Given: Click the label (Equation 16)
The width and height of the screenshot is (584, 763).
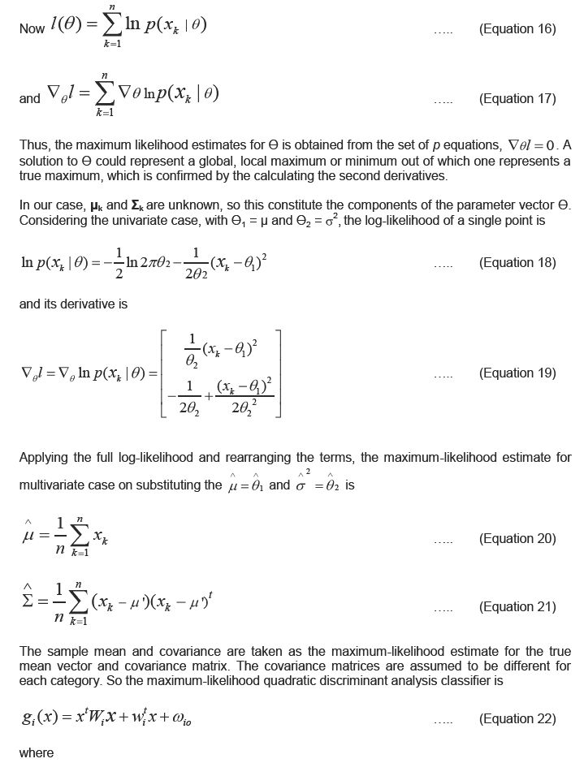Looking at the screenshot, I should pos(517,29).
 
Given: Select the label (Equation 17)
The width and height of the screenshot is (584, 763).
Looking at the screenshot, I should pos(517,99).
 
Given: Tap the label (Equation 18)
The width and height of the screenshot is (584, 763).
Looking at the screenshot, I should pos(517,263).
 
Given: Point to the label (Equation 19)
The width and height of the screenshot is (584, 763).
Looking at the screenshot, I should pos(517,373).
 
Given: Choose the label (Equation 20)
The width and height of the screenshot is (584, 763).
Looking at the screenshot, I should pos(517,539).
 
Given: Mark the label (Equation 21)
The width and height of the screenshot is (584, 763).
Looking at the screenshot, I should pos(517,607).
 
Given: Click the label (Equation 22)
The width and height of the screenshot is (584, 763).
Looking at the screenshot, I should pos(517,718).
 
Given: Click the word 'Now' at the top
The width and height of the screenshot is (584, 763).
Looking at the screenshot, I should pos(32,29).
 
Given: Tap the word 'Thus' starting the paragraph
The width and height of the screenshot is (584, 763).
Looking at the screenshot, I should pos(33,145).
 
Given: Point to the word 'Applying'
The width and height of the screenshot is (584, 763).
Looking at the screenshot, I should pos(44,458).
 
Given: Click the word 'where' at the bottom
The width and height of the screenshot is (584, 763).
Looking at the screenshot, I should pos(37,753).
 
